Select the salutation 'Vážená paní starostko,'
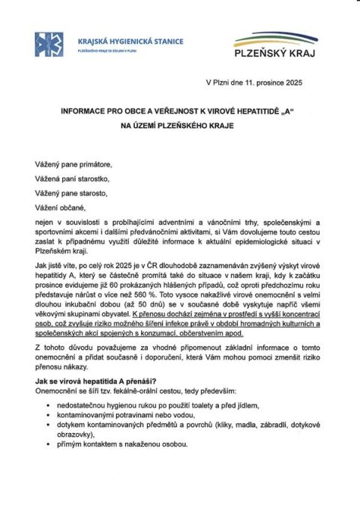point(73,178)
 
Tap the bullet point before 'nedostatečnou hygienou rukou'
point(48,405)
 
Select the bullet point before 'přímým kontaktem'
point(48,444)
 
